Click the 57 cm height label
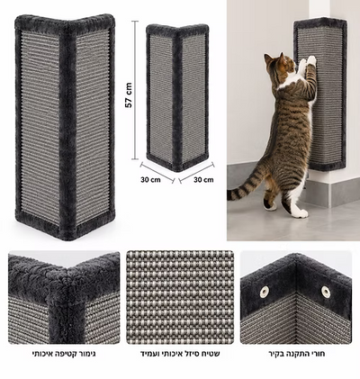point(129,95)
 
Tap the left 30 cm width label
point(150,180)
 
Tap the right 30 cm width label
point(203,180)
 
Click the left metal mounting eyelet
point(265,292)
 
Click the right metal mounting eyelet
point(326,292)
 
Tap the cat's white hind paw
point(299,213)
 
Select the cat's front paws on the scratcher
point(307,61)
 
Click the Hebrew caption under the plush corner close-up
point(64,354)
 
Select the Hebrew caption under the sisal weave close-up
point(180,354)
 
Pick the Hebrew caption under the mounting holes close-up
point(297,354)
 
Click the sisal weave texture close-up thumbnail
point(180,297)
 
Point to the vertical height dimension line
point(135,90)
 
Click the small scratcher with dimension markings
point(177,97)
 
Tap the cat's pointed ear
point(282,58)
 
